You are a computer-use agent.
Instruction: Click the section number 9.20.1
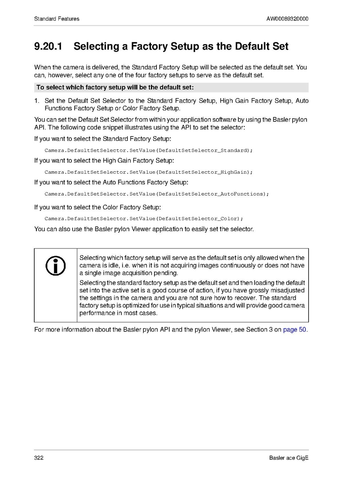(x=48, y=46)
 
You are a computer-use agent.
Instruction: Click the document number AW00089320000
(x=287, y=19)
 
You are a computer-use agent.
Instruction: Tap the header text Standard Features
(x=57, y=19)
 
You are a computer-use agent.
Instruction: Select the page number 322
(x=39, y=458)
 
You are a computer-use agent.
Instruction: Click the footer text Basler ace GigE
(x=289, y=458)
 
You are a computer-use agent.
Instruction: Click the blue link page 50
(x=295, y=330)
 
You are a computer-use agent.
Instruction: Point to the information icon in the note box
(x=55, y=266)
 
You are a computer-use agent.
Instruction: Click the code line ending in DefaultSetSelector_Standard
(x=148, y=151)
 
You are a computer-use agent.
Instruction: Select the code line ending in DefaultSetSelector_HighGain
(x=148, y=172)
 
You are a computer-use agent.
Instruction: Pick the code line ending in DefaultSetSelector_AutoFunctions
(x=156, y=194)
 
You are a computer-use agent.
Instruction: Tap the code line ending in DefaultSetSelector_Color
(x=143, y=218)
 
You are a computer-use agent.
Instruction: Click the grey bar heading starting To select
(x=115, y=87)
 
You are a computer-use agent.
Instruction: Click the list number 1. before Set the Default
(x=37, y=101)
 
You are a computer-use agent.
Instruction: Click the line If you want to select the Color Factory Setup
(x=97, y=208)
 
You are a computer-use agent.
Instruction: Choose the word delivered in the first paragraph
(x=104, y=67)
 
